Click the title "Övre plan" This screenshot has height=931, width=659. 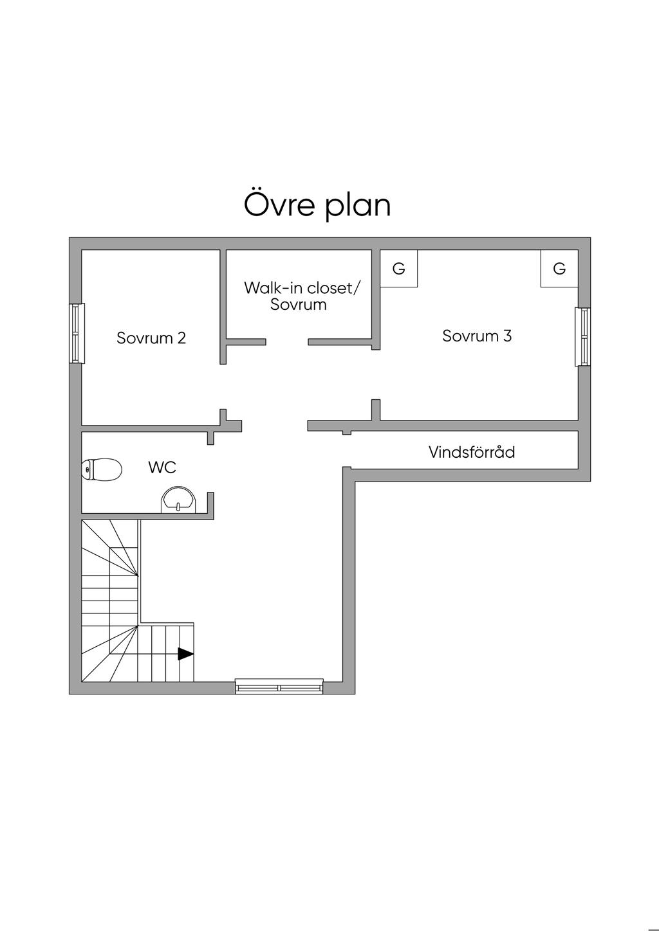[x=317, y=205]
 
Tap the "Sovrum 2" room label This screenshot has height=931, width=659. [x=151, y=338]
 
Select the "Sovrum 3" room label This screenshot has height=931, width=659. [x=477, y=336]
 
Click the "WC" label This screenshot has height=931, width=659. [x=162, y=467]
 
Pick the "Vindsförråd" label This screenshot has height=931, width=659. [x=472, y=452]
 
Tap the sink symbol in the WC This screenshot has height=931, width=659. [x=178, y=500]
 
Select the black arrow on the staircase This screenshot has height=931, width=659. [x=185, y=654]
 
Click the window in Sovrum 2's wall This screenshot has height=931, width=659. [x=77, y=334]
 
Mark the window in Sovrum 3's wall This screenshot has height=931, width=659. [x=582, y=337]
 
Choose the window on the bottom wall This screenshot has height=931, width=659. [x=279, y=686]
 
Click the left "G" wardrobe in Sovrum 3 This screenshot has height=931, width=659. [x=399, y=269]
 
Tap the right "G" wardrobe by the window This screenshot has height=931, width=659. [x=559, y=269]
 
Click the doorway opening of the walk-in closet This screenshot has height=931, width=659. [x=287, y=342]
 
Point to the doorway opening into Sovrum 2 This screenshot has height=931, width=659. [x=223, y=386]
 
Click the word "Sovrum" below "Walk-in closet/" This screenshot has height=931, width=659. [x=299, y=305]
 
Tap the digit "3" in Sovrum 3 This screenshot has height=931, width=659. [x=507, y=336]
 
